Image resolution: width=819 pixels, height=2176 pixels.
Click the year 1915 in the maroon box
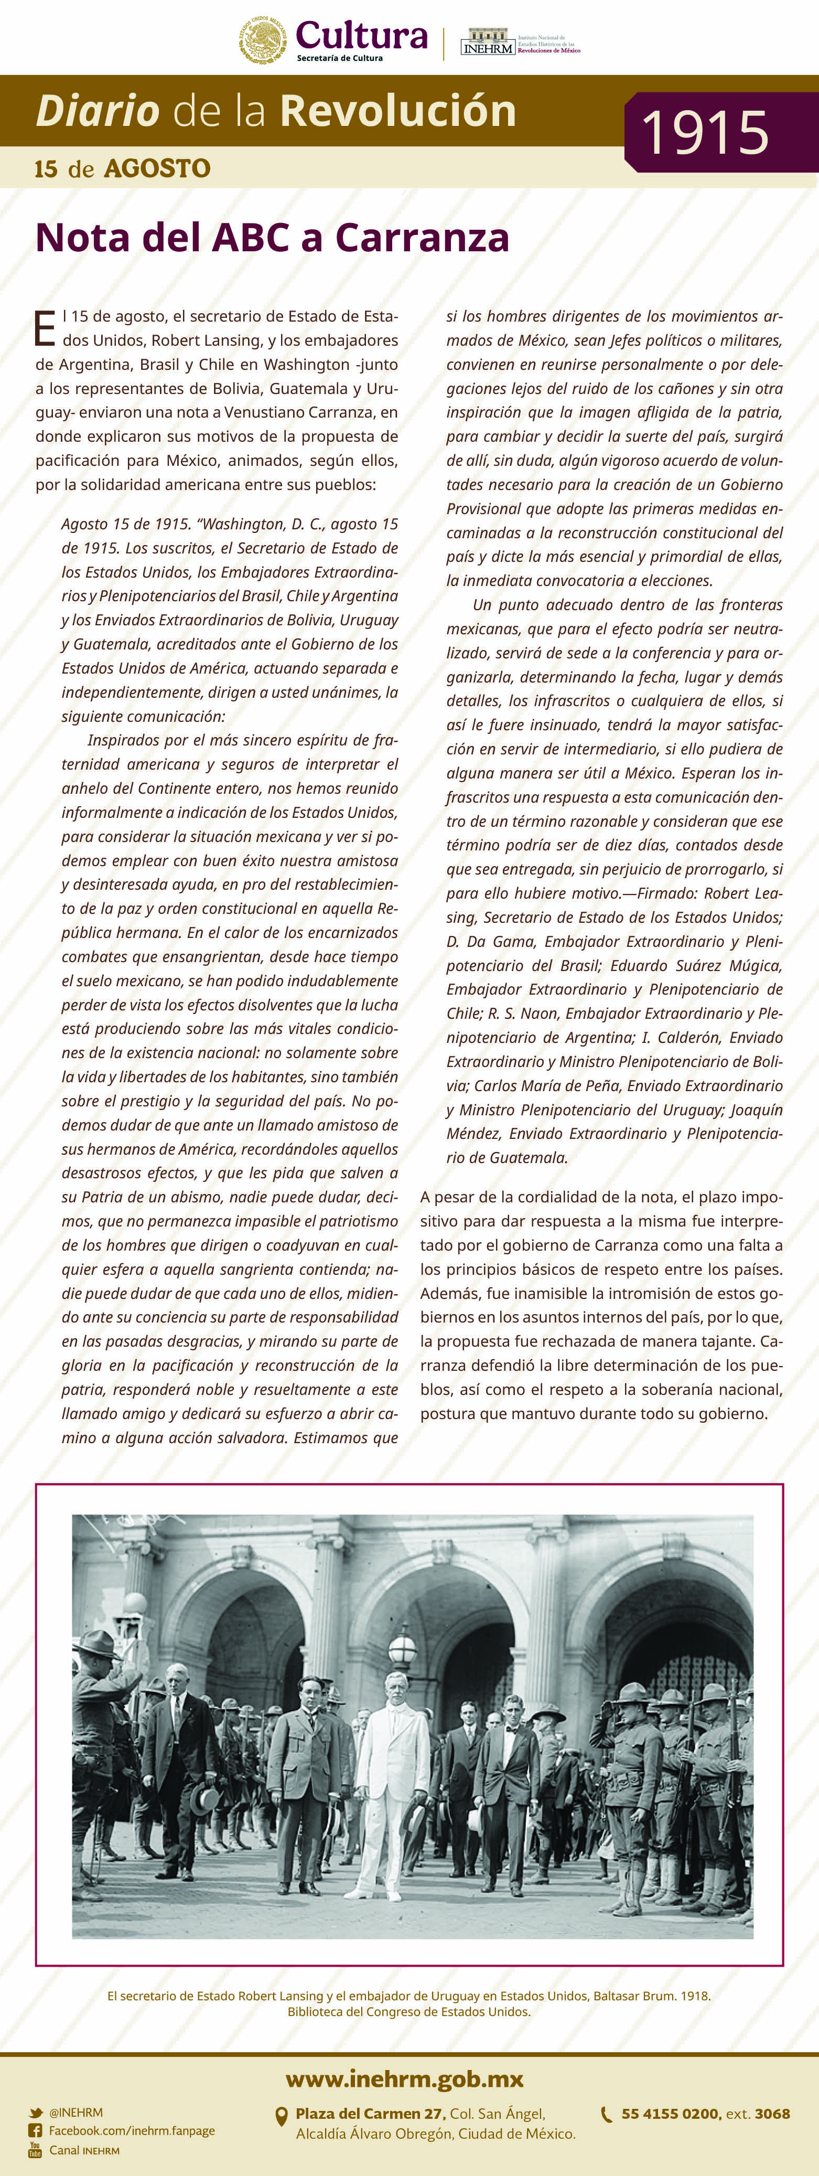click(x=705, y=133)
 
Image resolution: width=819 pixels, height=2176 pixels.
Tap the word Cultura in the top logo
click(x=361, y=36)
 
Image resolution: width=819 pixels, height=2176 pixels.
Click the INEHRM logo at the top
click(x=489, y=42)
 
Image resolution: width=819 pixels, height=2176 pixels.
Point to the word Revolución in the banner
click(x=397, y=111)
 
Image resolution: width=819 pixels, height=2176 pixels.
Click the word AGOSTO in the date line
click(x=157, y=169)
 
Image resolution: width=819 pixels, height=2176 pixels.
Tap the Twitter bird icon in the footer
click(x=36, y=2113)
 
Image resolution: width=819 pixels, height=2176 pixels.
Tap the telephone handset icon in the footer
click(x=606, y=2114)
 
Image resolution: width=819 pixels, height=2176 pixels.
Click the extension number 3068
click(x=772, y=2114)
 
